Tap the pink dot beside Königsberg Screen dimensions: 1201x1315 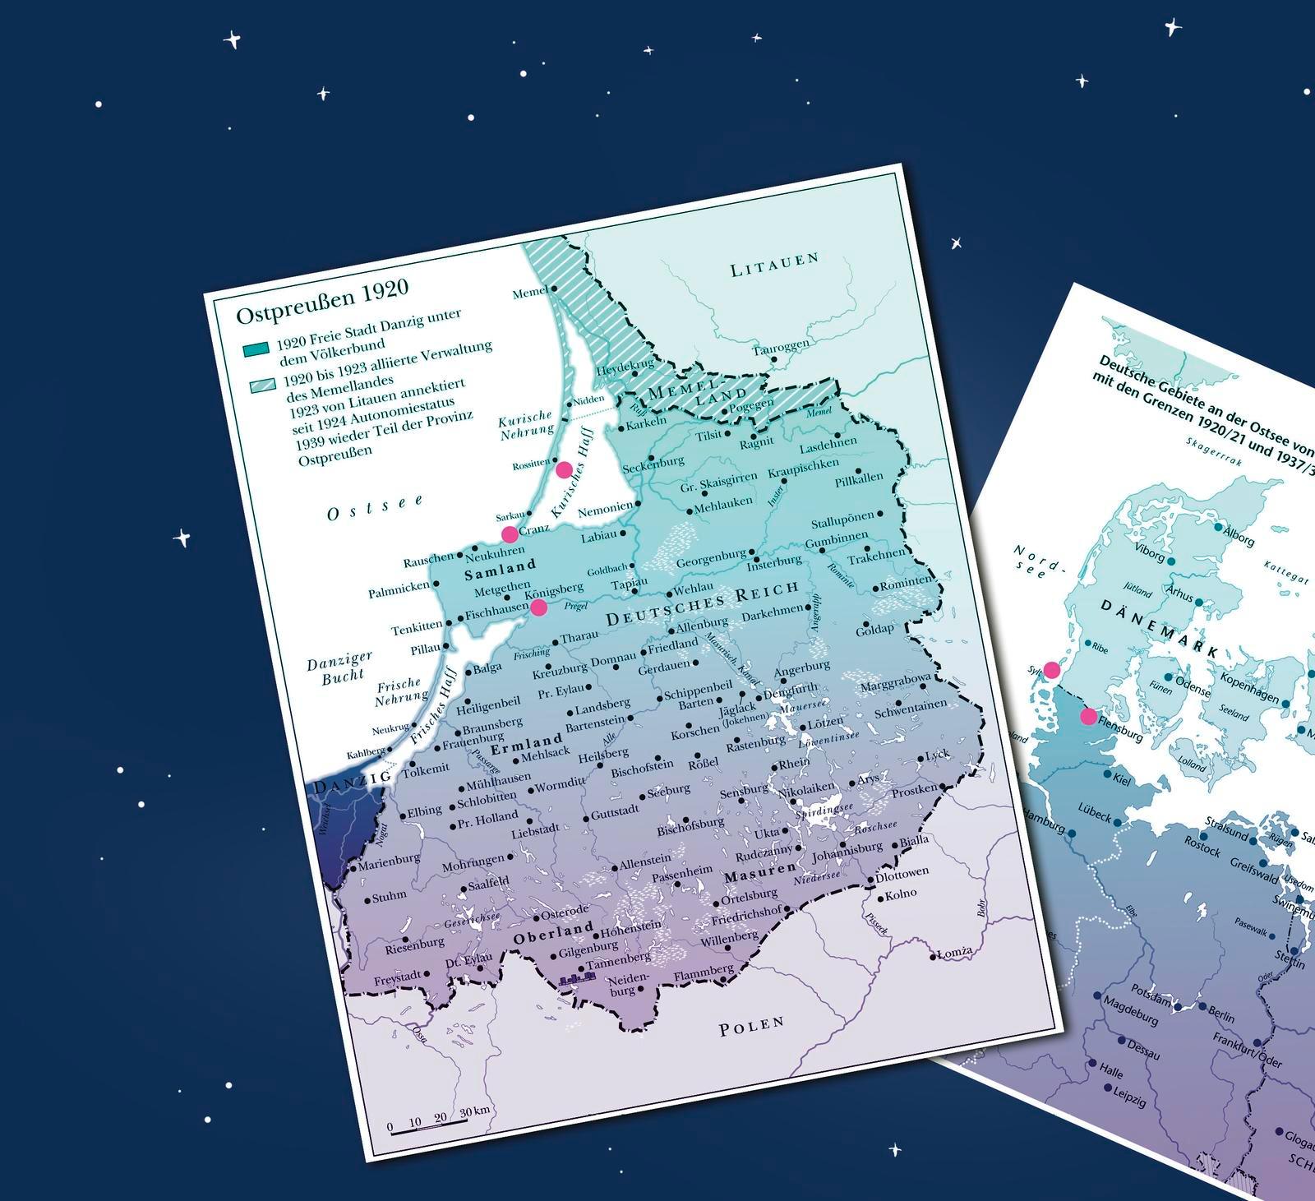[x=538, y=607]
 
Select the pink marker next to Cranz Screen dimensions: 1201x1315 [x=510, y=534]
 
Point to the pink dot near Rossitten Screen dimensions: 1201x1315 [x=564, y=469]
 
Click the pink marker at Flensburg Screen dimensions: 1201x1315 [x=1088, y=716]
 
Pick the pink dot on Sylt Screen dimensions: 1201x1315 [x=1051, y=669]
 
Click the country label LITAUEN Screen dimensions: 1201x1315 [x=775, y=265]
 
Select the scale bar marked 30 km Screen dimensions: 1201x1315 [x=428, y=1129]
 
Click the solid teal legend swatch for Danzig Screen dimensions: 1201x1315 [x=256, y=350]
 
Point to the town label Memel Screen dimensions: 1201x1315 [x=530, y=293]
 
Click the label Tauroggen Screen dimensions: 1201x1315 [x=780, y=347]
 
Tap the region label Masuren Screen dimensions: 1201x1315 [x=760, y=871]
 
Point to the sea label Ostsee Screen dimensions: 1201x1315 [x=375, y=507]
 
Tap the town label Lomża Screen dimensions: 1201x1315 [x=955, y=952]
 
